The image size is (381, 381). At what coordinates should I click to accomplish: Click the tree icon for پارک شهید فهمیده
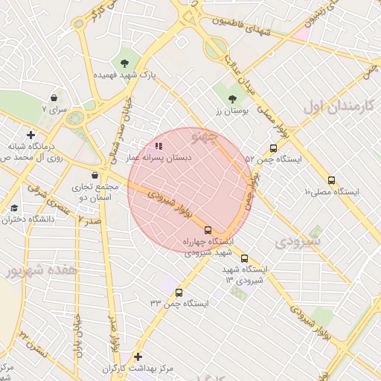[124, 63]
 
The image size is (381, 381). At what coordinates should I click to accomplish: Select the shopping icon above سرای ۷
[54, 97]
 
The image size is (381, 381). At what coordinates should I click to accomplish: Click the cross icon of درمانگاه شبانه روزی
[30, 135]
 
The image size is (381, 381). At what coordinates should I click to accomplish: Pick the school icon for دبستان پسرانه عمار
[158, 146]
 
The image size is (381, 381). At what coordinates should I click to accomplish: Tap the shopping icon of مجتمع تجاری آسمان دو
[93, 175]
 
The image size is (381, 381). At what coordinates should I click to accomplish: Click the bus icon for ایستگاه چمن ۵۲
[273, 148]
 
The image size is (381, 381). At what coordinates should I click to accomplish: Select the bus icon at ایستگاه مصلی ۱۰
[331, 179]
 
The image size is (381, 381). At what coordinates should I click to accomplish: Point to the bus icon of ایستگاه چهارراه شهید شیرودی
[208, 230]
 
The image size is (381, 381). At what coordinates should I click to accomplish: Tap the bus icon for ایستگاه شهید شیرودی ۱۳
[244, 258]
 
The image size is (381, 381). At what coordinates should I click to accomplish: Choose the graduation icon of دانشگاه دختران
[14, 208]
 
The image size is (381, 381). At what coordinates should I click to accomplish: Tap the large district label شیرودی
[298, 242]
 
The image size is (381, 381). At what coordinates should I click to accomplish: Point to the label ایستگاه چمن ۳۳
[179, 304]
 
